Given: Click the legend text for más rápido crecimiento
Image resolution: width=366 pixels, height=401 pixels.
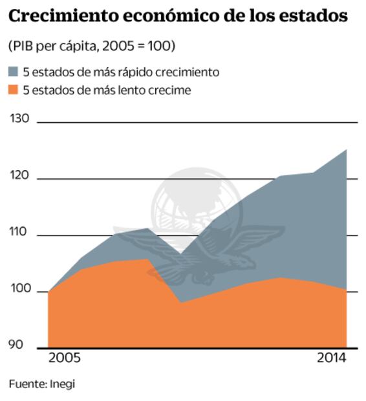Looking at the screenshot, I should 121,72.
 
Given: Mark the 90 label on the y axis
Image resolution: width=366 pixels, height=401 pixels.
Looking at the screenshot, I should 17,343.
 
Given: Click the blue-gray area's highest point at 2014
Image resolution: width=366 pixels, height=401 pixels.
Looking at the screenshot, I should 346,150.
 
